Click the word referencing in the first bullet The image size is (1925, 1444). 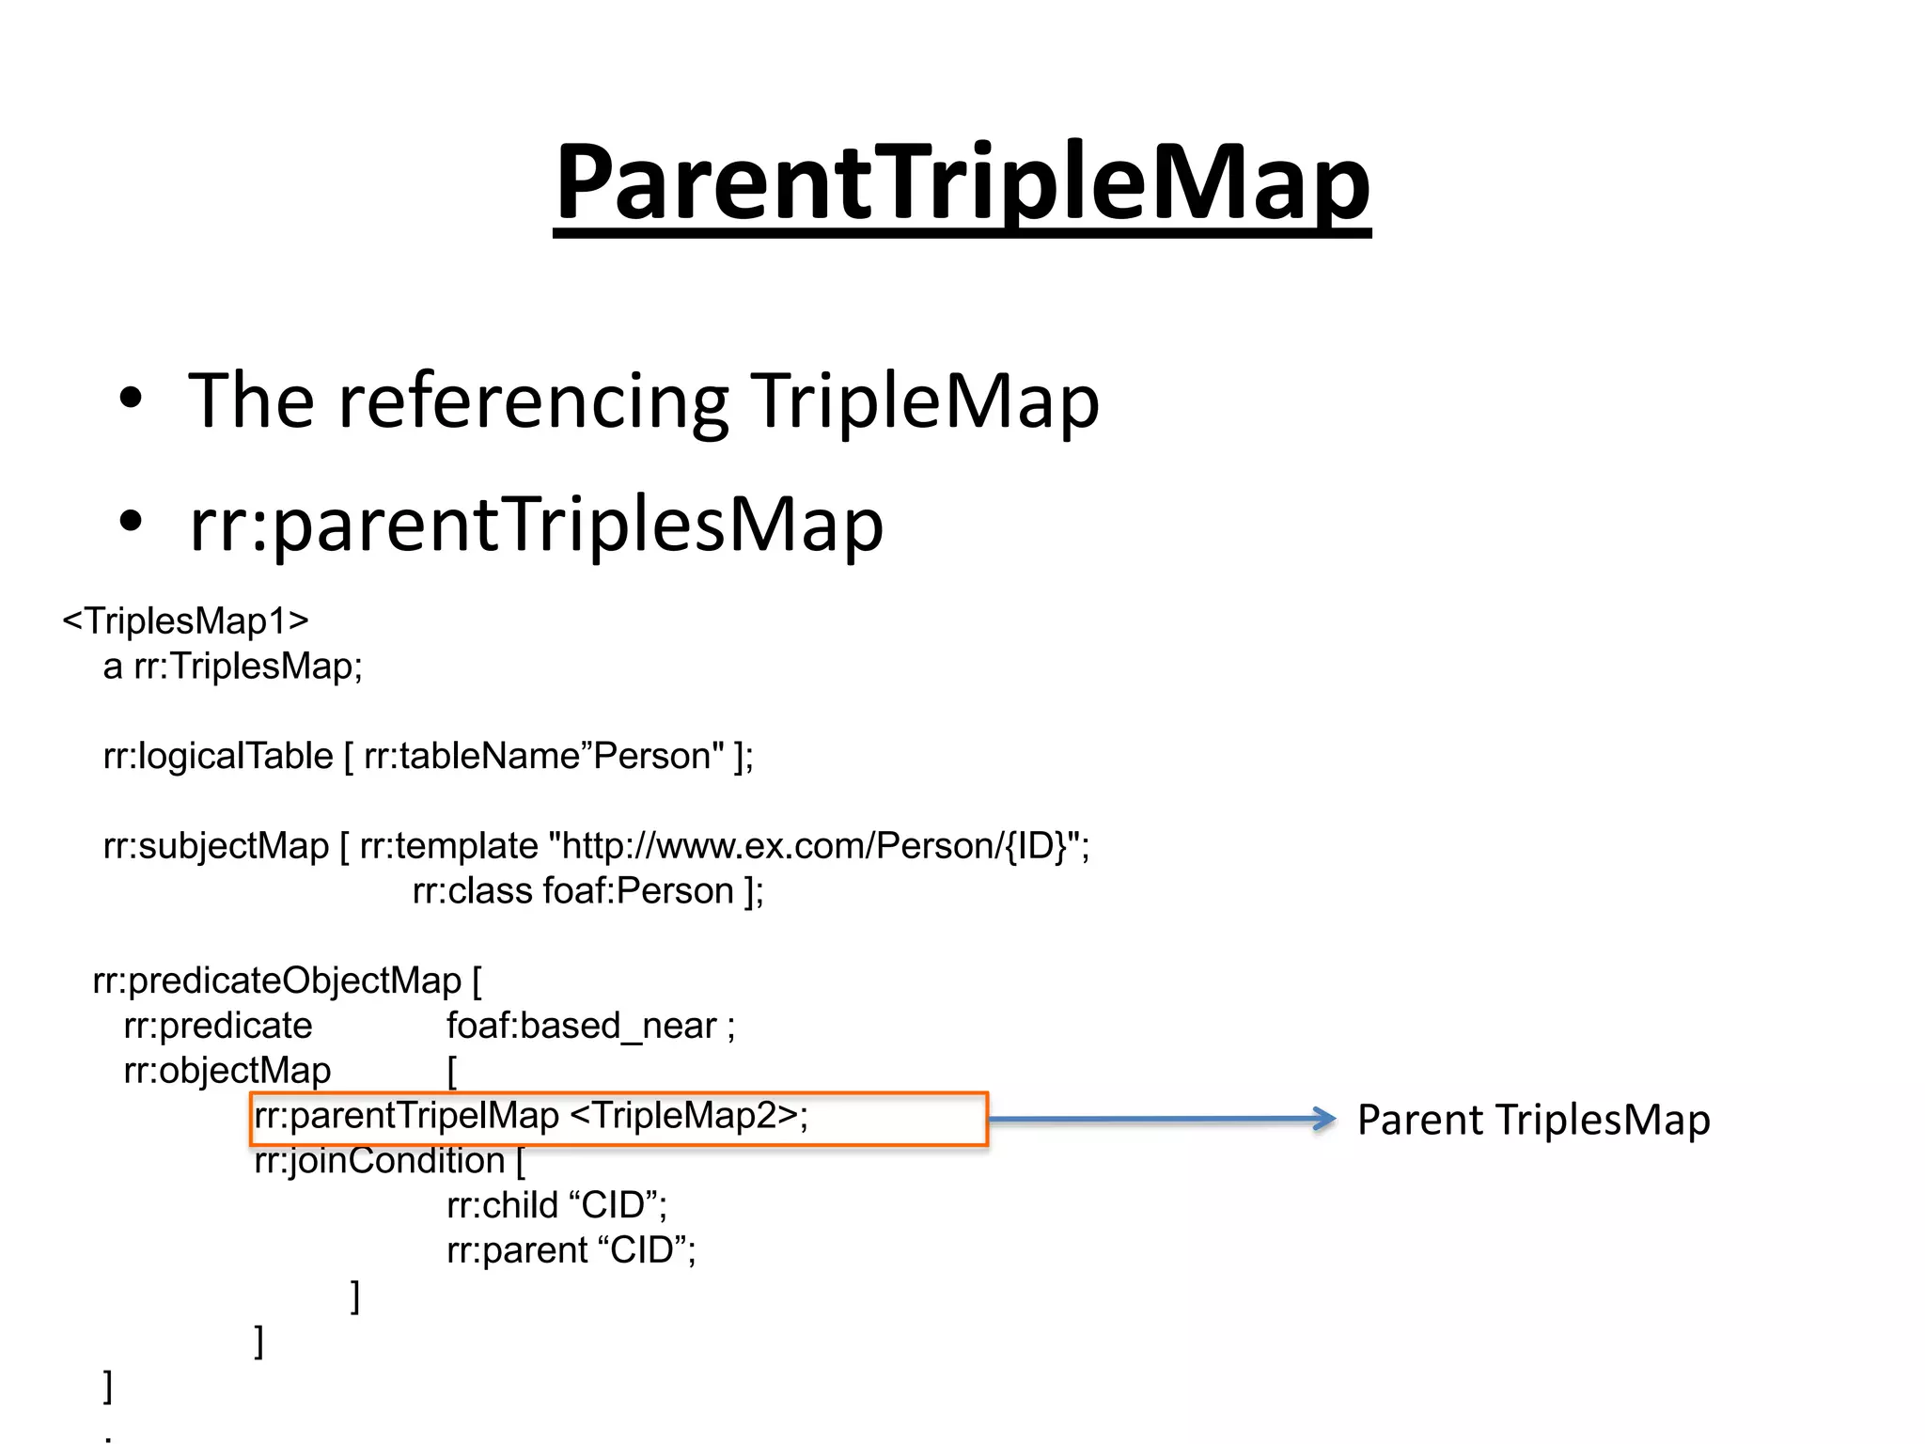533,401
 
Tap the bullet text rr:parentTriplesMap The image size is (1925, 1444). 536,524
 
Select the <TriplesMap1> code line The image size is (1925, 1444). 185,621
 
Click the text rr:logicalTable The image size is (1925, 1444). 218,756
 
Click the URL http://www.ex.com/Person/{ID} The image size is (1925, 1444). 813,846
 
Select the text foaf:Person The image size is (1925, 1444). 638,890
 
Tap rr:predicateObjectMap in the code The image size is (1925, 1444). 277,981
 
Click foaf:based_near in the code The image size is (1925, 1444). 581,1026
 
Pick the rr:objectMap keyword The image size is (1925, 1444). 227,1070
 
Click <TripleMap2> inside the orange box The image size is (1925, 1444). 686,1116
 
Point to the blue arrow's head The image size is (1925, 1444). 1324,1119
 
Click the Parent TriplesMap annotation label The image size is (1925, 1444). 1533,1120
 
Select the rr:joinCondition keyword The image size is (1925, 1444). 380,1161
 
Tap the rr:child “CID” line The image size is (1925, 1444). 556,1205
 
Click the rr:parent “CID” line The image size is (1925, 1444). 571,1250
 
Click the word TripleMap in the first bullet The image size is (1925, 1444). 924,401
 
